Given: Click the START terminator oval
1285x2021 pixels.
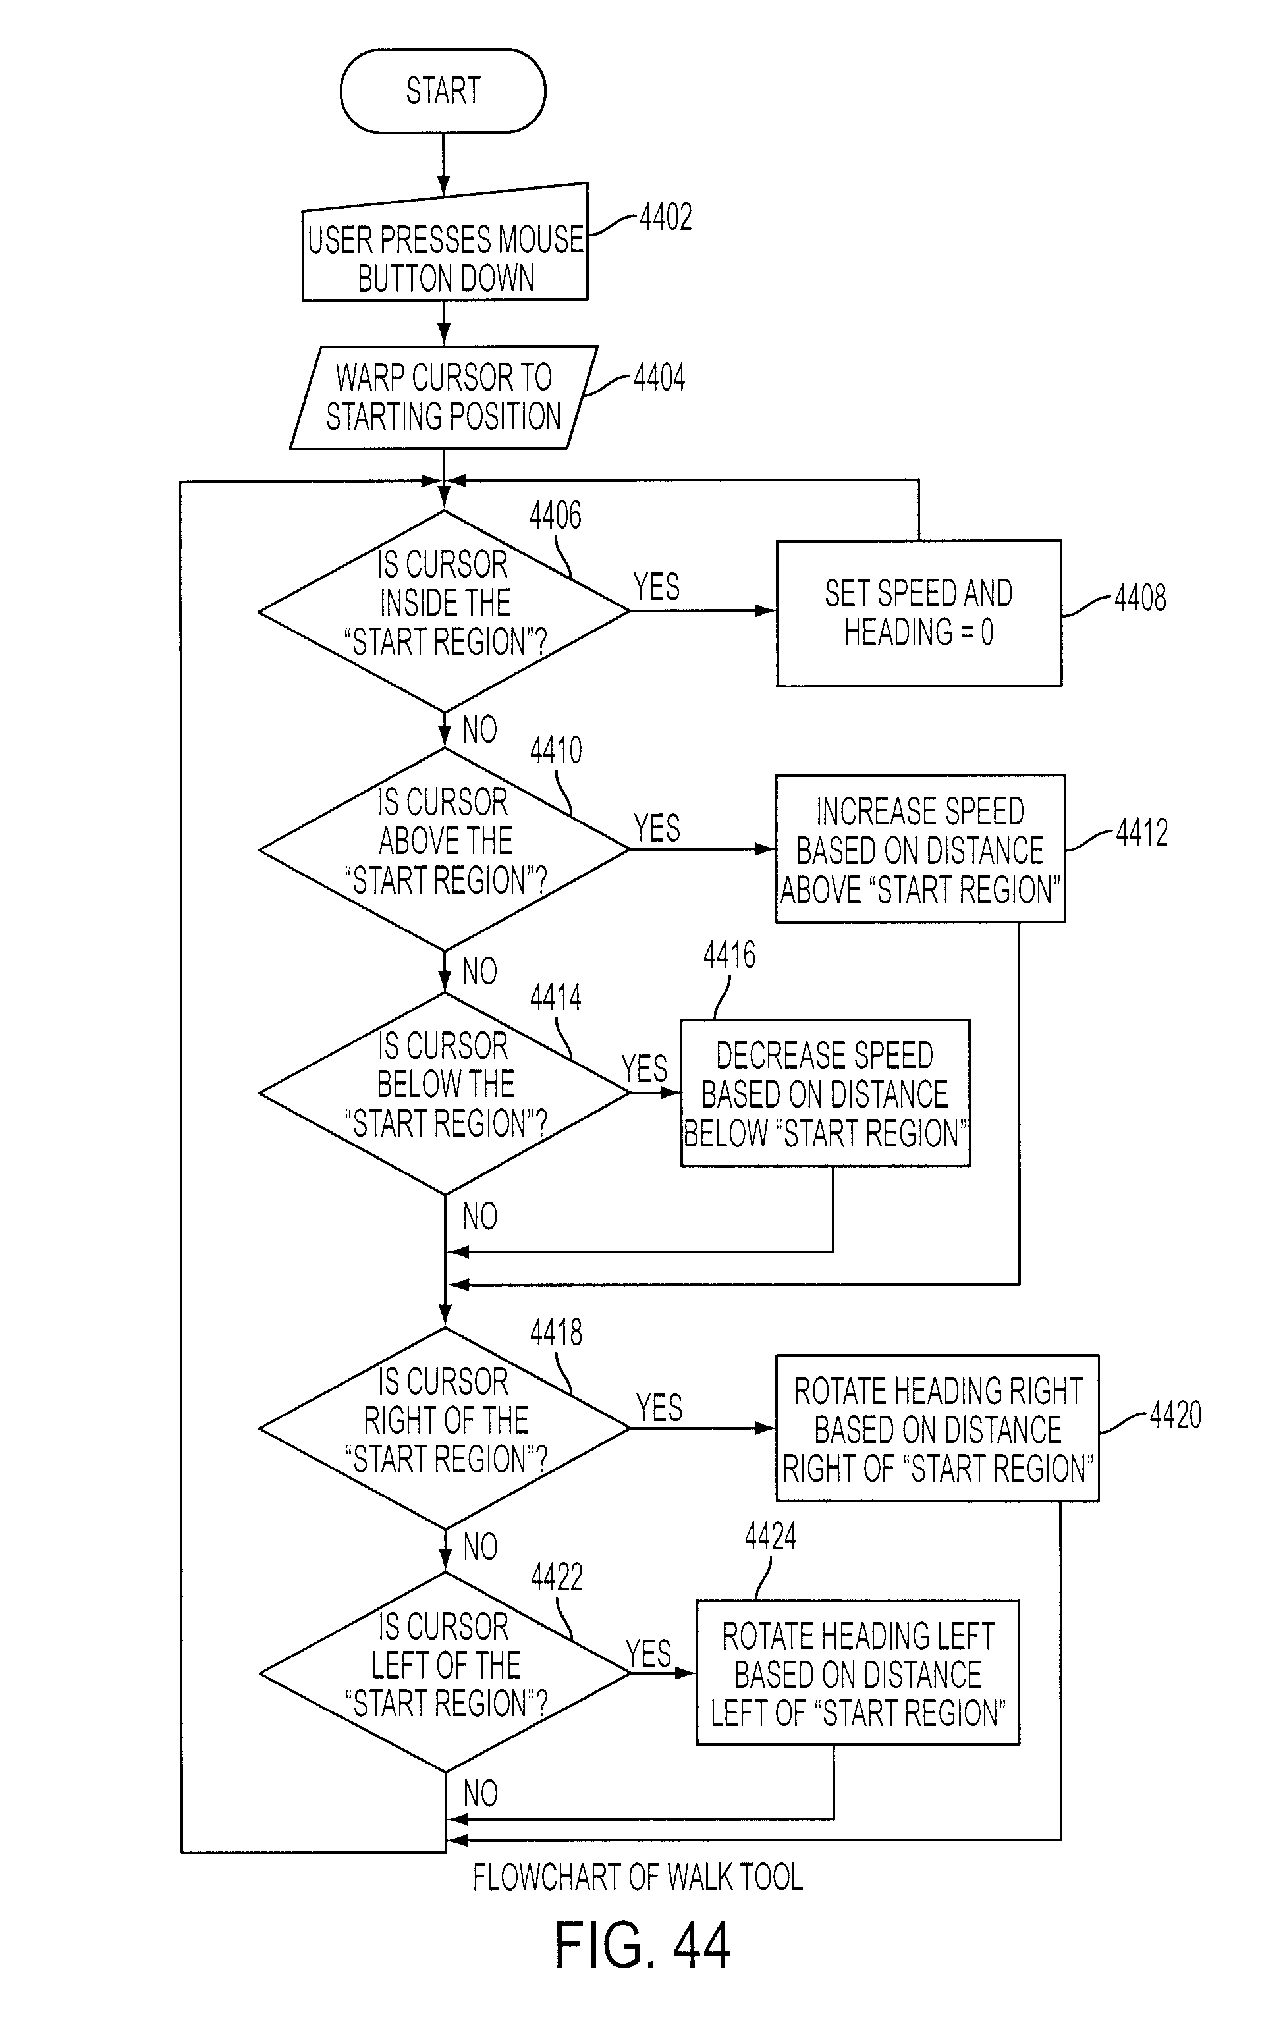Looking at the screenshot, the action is [x=443, y=91].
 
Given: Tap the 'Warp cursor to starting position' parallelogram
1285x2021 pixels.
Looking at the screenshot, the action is [x=444, y=397].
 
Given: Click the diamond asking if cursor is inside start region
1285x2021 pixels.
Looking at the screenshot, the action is [x=444, y=611].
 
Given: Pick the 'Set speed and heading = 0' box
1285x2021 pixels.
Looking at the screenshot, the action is [x=919, y=614].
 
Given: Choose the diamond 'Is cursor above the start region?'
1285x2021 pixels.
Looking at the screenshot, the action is [x=444, y=849].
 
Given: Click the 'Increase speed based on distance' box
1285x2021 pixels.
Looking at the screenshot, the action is [x=920, y=849].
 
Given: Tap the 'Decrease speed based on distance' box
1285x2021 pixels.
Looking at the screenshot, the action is [x=825, y=1092].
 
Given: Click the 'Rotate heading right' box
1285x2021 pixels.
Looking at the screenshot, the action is [x=937, y=1428].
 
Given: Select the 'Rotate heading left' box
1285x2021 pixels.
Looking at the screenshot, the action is [x=858, y=1673].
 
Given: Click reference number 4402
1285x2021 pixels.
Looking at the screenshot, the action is [x=666, y=217].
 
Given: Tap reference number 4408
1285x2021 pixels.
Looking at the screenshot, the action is [x=1140, y=597].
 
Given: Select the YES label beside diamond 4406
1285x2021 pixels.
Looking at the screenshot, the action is [x=657, y=587].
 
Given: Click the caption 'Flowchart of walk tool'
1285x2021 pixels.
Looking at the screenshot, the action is [x=638, y=1877].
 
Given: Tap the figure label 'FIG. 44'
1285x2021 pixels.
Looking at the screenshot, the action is [x=643, y=1945].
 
